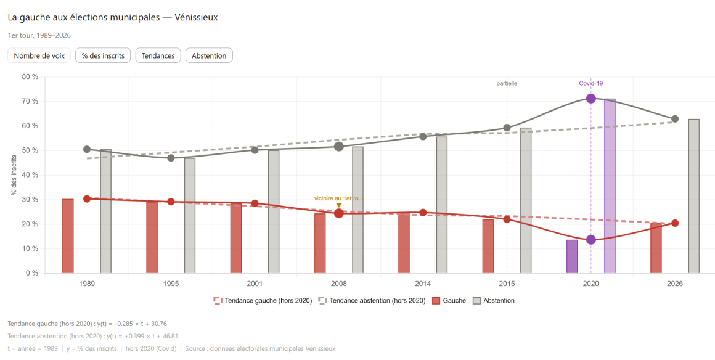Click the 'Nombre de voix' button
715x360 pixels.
(x=39, y=55)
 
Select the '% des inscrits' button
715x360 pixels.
(x=103, y=55)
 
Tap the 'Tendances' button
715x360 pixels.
(x=158, y=55)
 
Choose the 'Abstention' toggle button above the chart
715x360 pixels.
(x=209, y=55)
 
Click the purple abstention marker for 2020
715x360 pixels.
(x=591, y=99)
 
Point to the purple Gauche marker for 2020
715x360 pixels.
(x=591, y=240)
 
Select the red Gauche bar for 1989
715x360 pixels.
(x=68, y=236)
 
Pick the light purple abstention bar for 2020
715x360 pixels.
(x=610, y=186)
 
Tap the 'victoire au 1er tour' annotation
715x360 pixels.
(x=338, y=198)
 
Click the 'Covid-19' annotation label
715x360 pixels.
(x=590, y=83)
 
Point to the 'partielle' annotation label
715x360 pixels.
(x=507, y=83)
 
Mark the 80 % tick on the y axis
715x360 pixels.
(x=30, y=77)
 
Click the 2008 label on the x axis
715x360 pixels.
(x=338, y=284)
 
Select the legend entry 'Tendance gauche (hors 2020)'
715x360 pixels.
(x=263, y=301)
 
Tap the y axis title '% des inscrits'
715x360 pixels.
(x=14, y=175)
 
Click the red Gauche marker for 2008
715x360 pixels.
(x=338, y=213)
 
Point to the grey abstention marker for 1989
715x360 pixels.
(x=87, y=149)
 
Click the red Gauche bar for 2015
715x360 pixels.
(x=488, y=246)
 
